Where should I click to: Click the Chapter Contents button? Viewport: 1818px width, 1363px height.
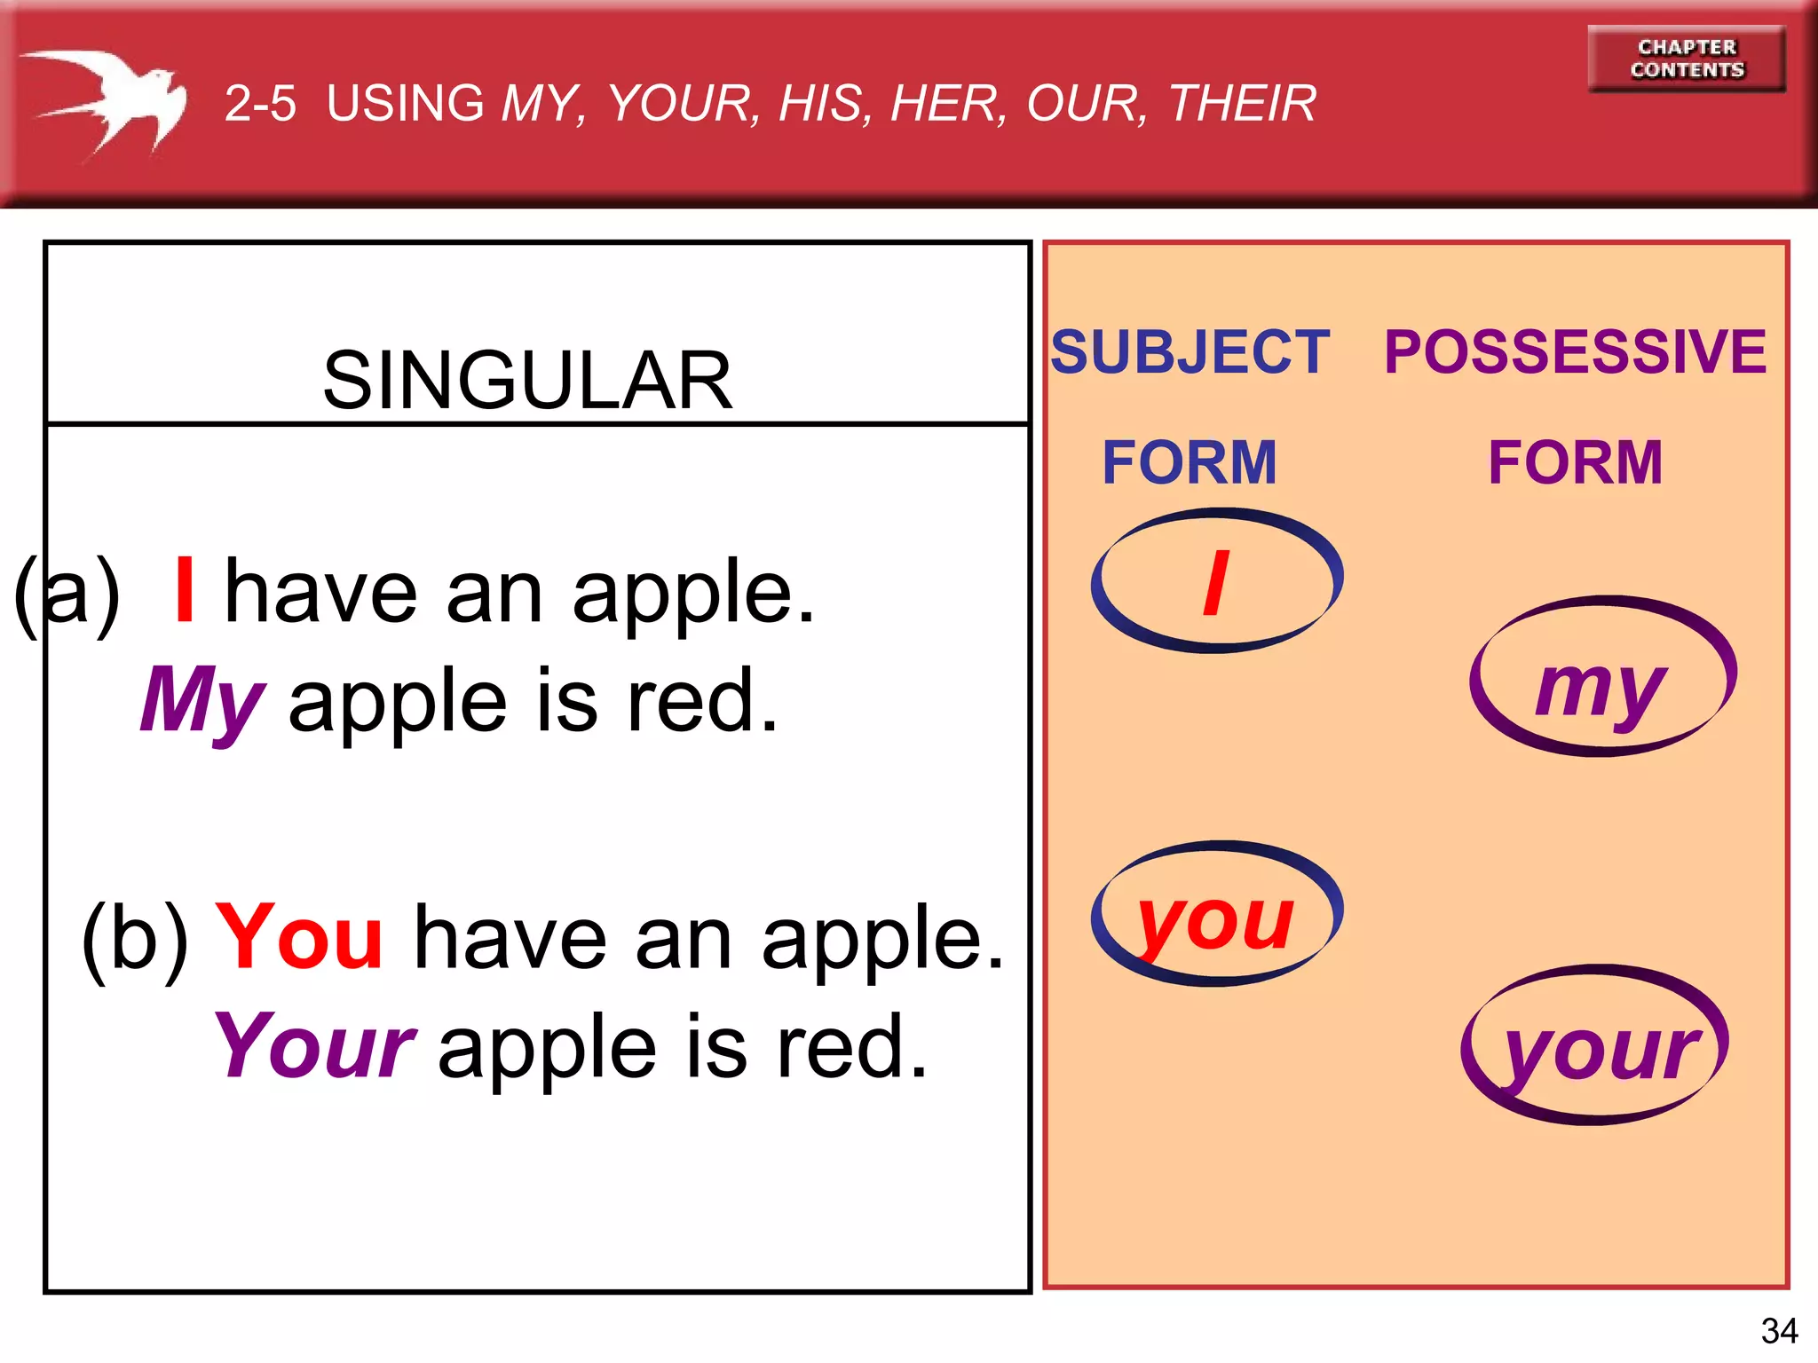[x=1686, y=59]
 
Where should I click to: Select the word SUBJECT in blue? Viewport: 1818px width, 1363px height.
[x=1190, y=351]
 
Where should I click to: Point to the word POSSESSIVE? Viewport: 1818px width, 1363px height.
[x=1575, y=351]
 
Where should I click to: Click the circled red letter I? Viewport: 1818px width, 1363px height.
[x=1216, y=582]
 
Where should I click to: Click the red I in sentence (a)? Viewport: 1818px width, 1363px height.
[x=185, y=589]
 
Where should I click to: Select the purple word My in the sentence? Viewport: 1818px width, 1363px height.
[x=202, y=701]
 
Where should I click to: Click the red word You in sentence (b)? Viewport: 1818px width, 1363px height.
[x=299, y=936]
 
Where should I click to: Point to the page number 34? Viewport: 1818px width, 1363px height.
[x=1779, y=1330]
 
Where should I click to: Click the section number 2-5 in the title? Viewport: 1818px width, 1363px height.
[x=259, y=103]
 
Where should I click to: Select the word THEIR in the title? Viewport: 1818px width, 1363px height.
[x=1242, y=103]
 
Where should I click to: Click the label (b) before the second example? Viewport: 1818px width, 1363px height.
[x=135, y=937]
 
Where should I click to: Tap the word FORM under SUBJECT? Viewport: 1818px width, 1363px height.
[x=1189, y=462]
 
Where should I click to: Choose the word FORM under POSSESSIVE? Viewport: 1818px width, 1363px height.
[x=1575, y=462]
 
